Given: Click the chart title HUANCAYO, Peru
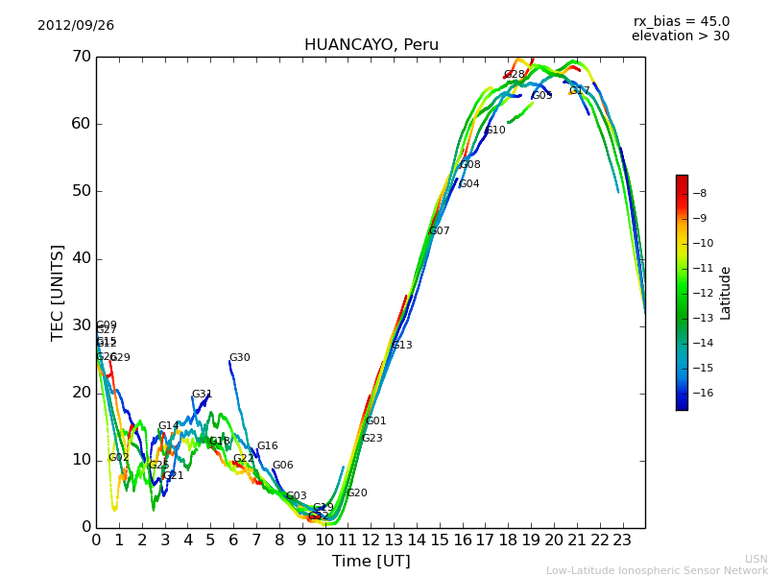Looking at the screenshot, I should pos(371,45).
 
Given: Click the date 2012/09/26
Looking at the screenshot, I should pos(76,26).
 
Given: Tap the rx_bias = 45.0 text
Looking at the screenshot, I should pos(681,22).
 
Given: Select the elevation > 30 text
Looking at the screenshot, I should pos(680,36).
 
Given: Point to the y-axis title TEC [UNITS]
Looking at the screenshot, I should pos(58,292).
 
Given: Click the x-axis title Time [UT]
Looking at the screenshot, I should pos(371,562).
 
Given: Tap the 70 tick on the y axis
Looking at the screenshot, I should pos(81,57).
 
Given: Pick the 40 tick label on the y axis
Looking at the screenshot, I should pos(81,258).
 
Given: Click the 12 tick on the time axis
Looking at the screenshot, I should pos(371,540).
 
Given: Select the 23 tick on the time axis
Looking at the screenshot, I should pos(622,540).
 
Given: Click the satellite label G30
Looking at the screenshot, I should pos(239,358).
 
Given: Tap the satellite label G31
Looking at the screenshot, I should pos(202,395).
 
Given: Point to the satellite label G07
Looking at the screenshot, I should pos(439,231).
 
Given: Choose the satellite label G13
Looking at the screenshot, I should pos(401,346).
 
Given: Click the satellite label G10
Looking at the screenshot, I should pos(494,131).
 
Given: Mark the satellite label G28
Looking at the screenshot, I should pos(514,75).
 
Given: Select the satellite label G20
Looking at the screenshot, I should pos(356,493).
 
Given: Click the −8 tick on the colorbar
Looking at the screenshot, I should pos(699,193).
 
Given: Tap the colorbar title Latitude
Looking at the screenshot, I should pos(726,293).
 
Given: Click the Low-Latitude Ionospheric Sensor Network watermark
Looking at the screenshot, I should pos(657,571).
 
